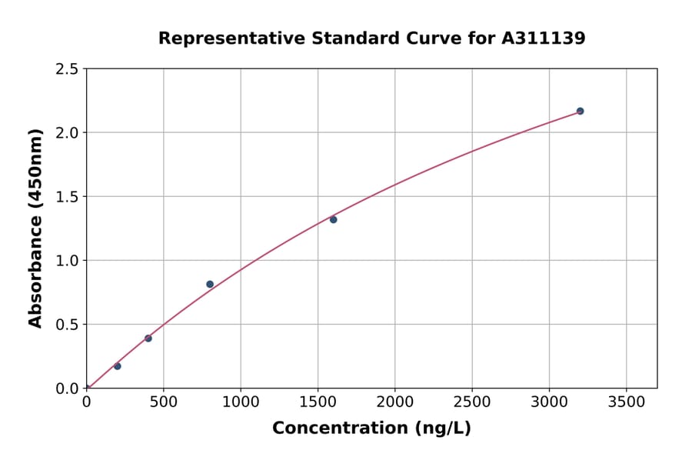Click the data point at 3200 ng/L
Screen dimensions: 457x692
(580, 111)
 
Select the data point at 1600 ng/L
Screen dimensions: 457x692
(333, 219)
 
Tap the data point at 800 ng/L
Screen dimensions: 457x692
(210, 284)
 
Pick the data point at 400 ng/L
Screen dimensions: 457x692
(148, 339)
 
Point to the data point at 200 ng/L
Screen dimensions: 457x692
(118, 366)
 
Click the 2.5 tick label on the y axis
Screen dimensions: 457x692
(67, 69)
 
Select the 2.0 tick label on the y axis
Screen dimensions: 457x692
(67, 133)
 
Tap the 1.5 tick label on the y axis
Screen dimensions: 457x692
(67, 197)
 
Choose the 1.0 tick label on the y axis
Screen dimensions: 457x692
(67, 261)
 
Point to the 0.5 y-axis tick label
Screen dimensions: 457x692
(67, 325)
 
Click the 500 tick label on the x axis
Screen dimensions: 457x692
(163, 402)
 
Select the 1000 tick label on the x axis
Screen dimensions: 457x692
(241, 402)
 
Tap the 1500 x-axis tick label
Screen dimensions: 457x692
(318, 402)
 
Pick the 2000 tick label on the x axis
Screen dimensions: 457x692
(395, 402)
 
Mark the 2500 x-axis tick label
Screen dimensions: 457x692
(472, 402)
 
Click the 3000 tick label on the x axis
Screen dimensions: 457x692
(549, 402)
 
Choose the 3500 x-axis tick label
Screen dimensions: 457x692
(627, 402)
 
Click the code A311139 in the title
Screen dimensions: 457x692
(542, 38)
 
